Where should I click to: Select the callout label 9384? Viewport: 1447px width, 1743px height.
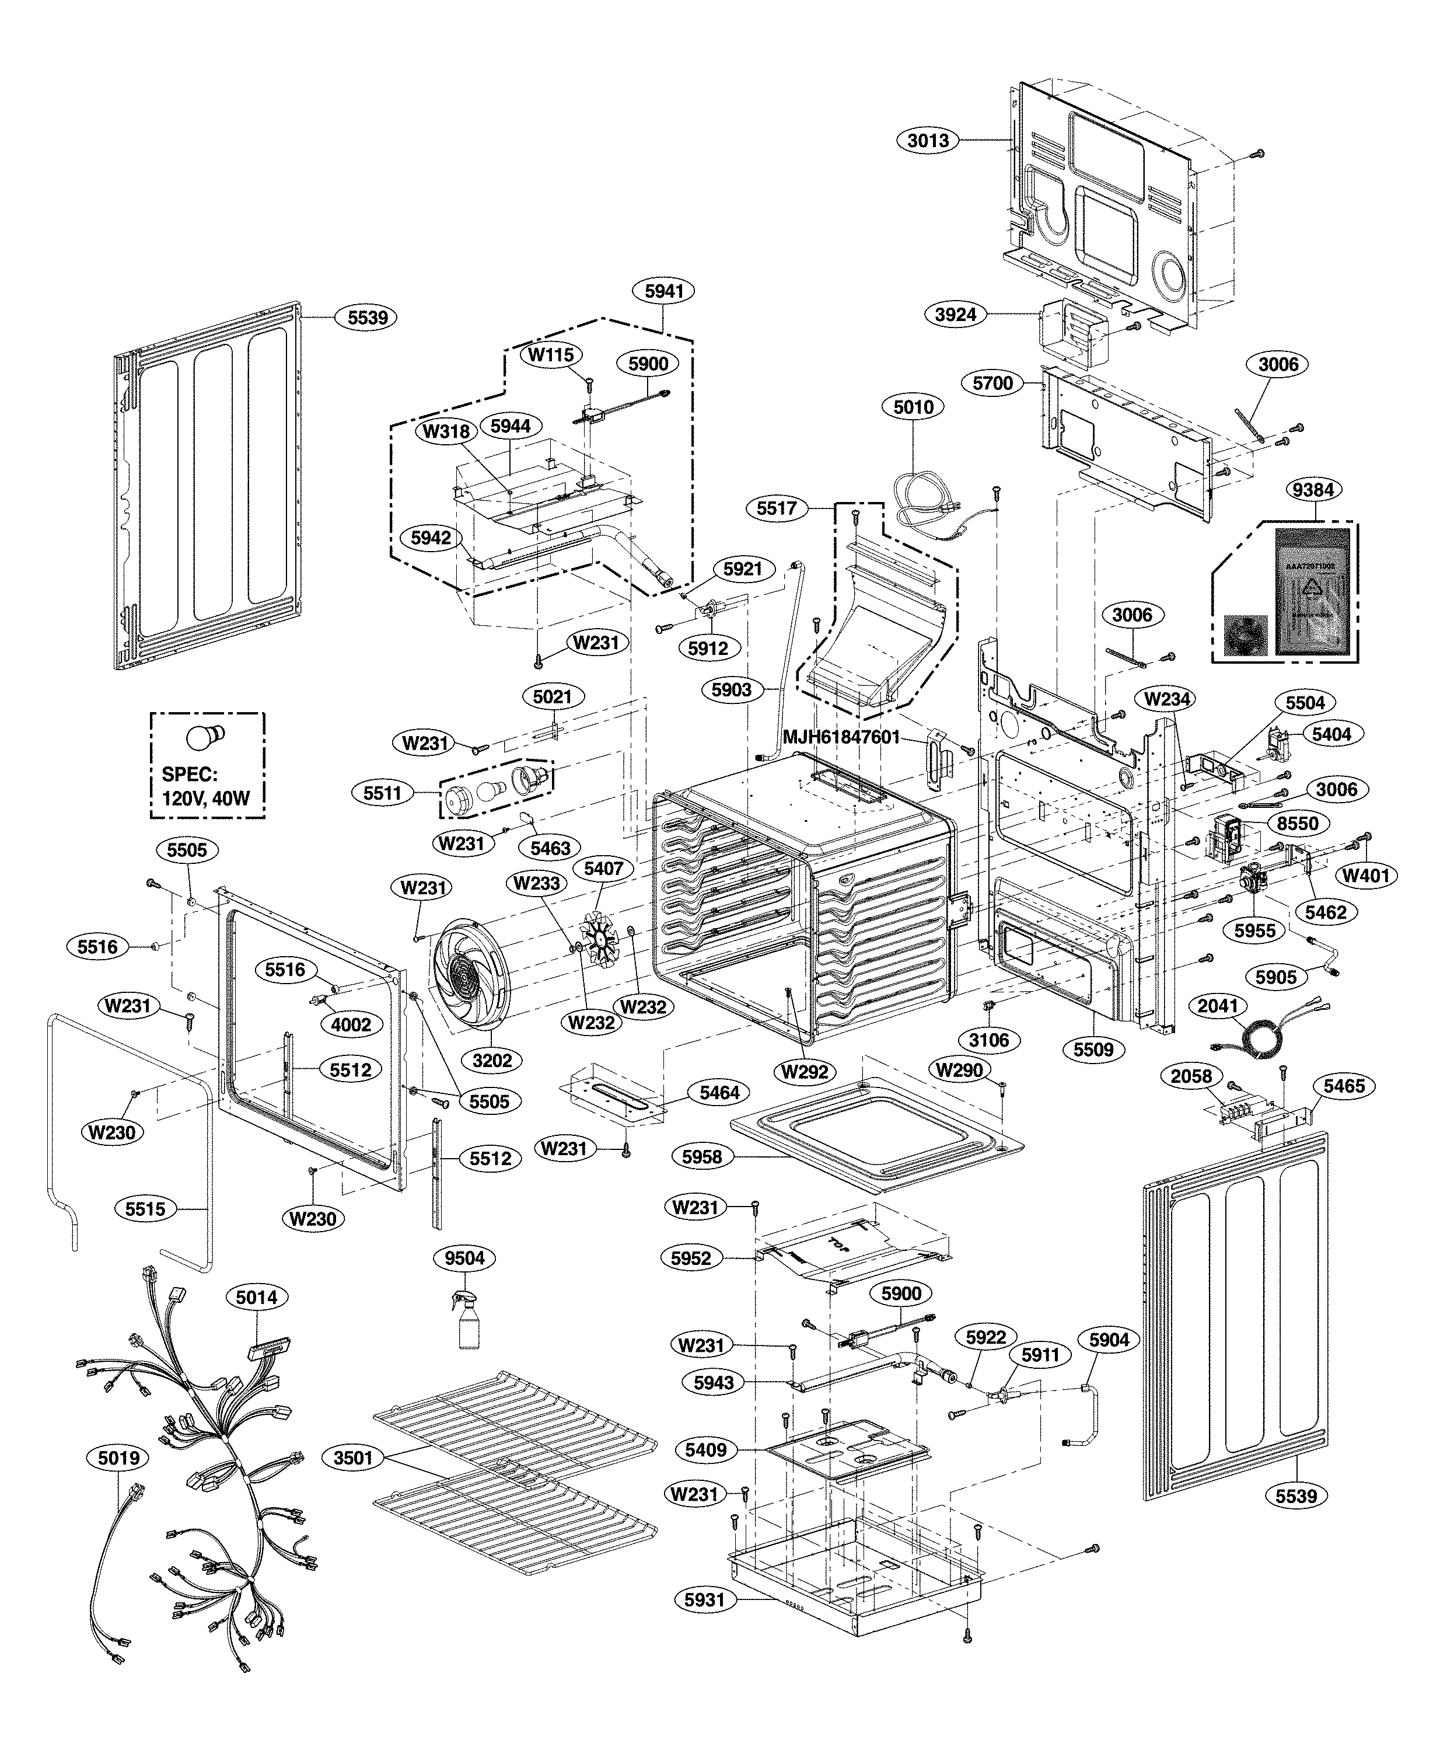1313,490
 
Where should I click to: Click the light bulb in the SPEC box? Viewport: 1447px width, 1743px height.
205,736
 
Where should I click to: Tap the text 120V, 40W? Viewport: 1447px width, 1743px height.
206,799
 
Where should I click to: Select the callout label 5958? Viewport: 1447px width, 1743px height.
702,1157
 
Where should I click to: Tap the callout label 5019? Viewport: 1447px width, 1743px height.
118,1458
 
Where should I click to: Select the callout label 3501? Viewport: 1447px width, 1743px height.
354,1458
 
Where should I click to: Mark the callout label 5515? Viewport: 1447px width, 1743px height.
145,1209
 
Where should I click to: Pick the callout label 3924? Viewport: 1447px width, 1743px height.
955,315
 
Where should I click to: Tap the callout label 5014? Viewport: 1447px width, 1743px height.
256,1296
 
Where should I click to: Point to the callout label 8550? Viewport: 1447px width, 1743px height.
1298,824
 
